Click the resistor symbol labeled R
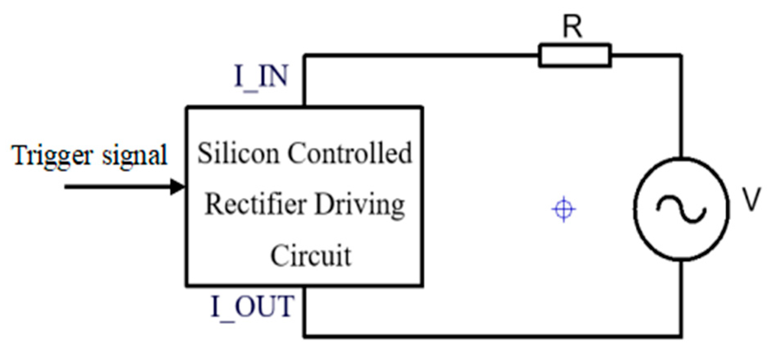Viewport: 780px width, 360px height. coord(575,55)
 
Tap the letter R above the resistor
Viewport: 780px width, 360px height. coord(572,27)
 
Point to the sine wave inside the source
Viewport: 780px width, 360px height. coord(681,209)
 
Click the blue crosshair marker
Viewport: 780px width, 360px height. coord(564,210)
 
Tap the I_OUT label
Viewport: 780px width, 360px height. coord(252,307)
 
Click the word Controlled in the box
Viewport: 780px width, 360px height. coord(349,153)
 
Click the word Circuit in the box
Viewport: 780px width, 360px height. coord(311,256)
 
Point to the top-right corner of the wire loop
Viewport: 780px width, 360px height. coord(681,55)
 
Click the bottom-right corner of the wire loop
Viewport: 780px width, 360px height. coord(681,337)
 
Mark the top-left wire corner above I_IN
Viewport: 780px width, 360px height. coord(305,55)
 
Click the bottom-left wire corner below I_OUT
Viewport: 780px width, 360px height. coord(305,337)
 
